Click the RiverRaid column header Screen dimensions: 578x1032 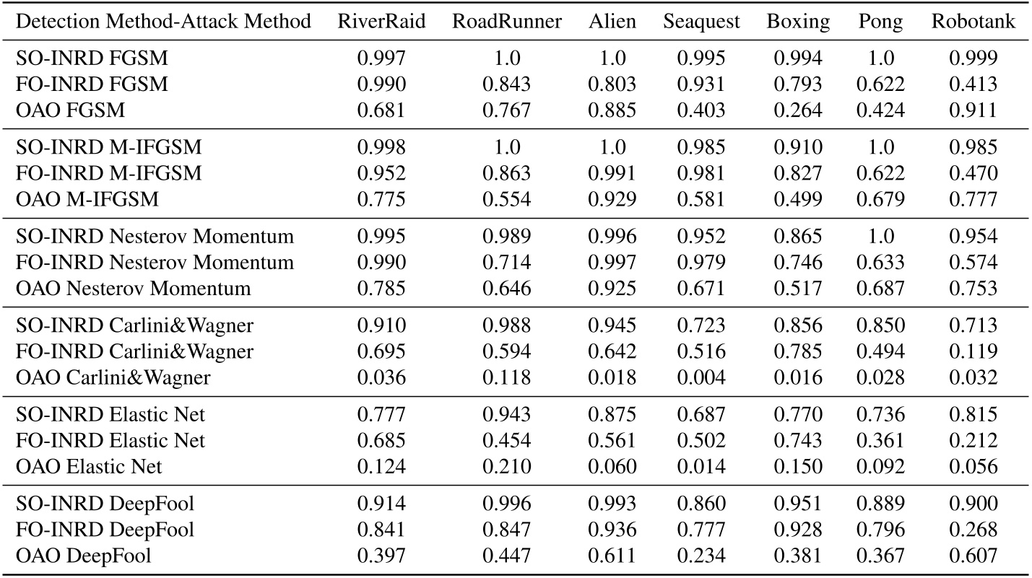coord(381,22)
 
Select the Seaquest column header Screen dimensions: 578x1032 coord(701,22)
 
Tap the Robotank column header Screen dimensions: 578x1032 coord(973,22)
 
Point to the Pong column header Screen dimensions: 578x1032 coord(880,22)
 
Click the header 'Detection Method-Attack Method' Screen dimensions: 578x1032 coord(163,22)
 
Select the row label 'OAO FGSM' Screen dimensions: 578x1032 coord(70,110)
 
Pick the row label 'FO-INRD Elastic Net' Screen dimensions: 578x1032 coord(110,440)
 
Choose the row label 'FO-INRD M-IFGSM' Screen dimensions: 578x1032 coord(108,173)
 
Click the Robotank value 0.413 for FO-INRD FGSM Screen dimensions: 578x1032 coord(973,84)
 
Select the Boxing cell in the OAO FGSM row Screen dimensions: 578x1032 coord(798,110)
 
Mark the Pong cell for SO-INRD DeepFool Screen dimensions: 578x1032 coord(880,503)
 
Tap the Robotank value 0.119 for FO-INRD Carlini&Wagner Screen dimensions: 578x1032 coord(973,351)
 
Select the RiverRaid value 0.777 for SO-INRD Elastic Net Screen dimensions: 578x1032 coord(381,414)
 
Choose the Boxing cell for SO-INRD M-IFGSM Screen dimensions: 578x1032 coord(798,147)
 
